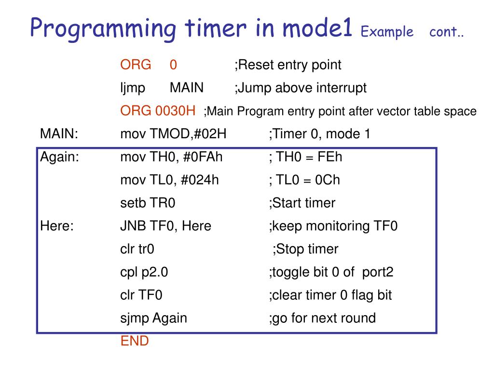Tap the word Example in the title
[387, 32]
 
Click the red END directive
[135, 341]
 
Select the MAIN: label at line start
[59, 134]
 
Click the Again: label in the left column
[60, 157]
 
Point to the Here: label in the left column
[57, 226]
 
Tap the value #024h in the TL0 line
[200, 180]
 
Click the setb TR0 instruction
[148, 203]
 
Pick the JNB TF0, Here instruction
[165, 226]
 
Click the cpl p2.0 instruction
[144, 272]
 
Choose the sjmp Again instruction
[153, 318]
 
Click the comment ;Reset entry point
[288, 65]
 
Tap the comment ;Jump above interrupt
[301, 88]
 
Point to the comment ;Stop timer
[305, 249]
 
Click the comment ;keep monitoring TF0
[333, 226]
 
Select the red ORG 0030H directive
[158, 111]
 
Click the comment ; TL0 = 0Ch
[304, 180]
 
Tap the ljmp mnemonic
[133, 88]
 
